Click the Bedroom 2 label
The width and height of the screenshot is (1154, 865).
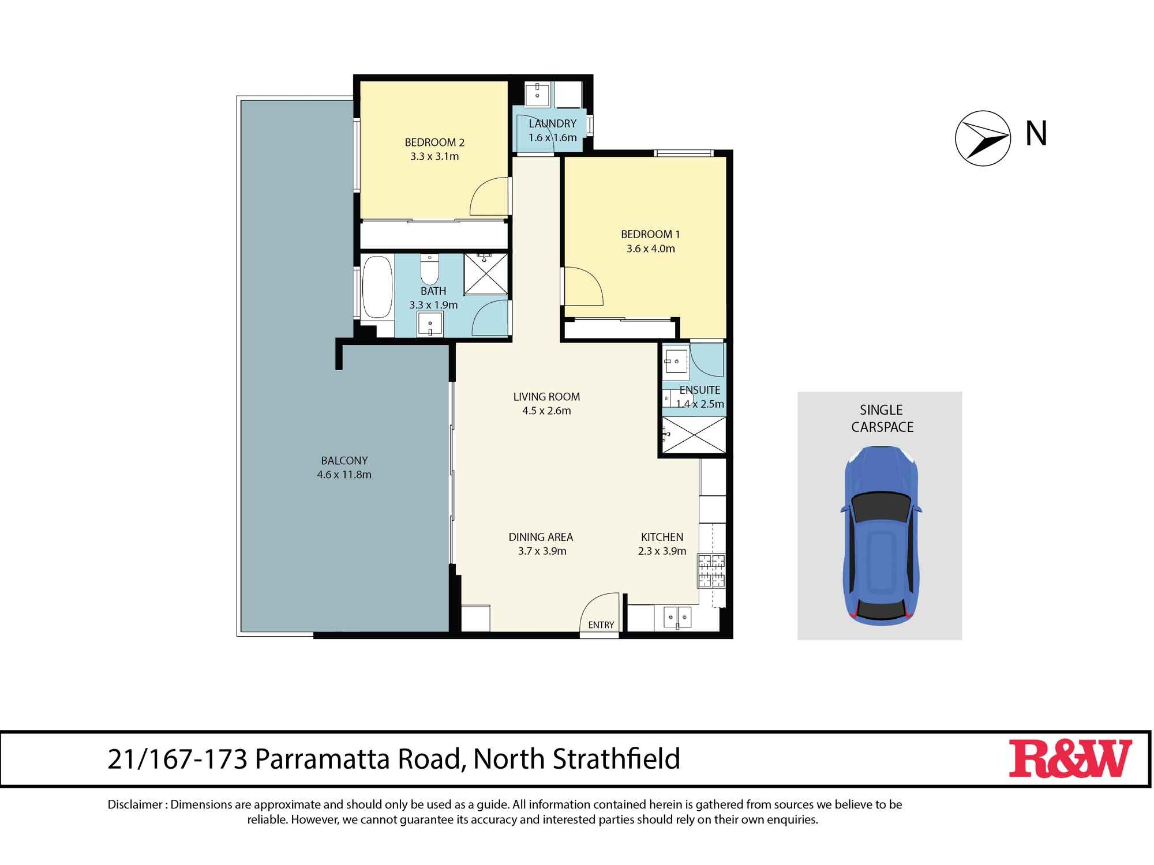[x=434, y=142]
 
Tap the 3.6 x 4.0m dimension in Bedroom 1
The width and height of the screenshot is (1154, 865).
[x=650, y=249]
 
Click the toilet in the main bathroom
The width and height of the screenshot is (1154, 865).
[x=430, y=269]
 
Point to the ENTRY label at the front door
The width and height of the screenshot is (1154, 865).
[x=601, y=625]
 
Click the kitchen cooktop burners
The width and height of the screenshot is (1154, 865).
[x=711, y=571]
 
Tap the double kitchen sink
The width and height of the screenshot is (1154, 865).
[x=677, y=616]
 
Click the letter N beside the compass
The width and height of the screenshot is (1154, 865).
[x=1036, y=134]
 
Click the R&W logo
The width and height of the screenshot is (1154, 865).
[x=1070, y=758]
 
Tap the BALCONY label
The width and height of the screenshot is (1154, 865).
[x=344, y=461]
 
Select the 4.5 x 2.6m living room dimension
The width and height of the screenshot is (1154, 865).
[x=546, y=411]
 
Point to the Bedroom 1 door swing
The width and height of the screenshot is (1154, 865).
[x=583, y=286]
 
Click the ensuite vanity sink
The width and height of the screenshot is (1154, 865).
[x=675, y=362]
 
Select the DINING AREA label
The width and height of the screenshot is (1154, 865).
[x=541, y=537]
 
